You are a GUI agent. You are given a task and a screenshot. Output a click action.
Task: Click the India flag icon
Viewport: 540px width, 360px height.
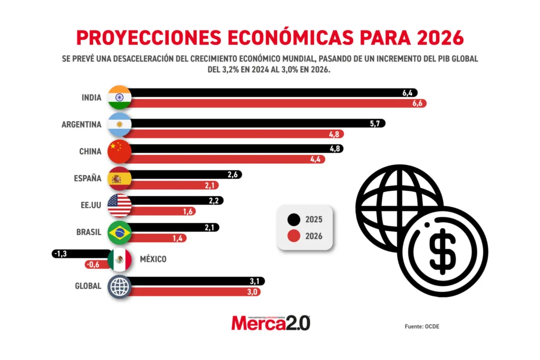pyautogui.click(x=119, y=97)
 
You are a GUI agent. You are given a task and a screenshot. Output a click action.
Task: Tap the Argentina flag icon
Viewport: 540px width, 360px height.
pyautogui.click(x=119, y=124)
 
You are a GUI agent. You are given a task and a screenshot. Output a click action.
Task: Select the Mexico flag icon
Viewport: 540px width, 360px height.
pyautogui.click(x=119, y=259)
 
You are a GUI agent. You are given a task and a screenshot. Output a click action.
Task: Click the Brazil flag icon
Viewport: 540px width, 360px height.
pyautogui.click(x=119, y=232)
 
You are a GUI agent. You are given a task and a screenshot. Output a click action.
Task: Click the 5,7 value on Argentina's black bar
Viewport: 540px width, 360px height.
pyautogui.click(x=376, y=123)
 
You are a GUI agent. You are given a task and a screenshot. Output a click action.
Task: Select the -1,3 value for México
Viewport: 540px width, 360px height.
pyautogui.click(x=60, y=254)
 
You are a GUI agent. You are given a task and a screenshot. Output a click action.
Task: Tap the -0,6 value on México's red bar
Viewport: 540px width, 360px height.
pyautogui.click(x=93, y=265)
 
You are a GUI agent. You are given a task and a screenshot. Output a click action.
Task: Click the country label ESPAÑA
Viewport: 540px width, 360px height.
pyautogui.click(x=88, y=178)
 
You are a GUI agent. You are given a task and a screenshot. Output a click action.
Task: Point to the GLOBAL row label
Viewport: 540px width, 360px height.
pyautogui.click(x=88, y=287)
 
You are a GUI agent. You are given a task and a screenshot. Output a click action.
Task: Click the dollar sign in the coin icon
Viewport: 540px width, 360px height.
pyautogui.click(x=442, y=251)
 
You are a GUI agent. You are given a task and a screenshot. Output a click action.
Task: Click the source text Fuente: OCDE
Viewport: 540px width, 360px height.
pyautogui.click(x=422, y=327)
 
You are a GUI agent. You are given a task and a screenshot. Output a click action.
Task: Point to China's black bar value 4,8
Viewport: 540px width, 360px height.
pyautogui.click(x=334, y=149)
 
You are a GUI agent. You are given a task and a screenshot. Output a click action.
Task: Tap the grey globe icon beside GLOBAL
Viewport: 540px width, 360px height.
pyautogui.click(x=119, y=287)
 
